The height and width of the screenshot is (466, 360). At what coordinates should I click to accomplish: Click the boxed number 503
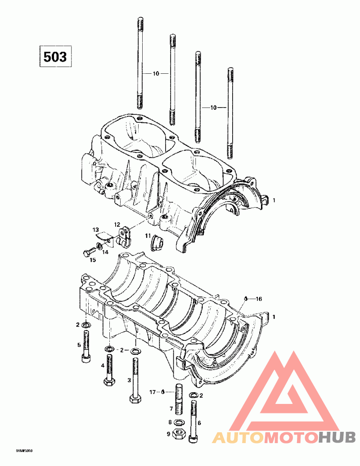pyautogui.click(x=54, y=57)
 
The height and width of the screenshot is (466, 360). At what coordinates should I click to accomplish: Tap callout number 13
pyautogui.click(x=95, y=230)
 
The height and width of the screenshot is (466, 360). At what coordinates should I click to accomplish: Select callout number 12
pyautogui.click(x=117, y=224)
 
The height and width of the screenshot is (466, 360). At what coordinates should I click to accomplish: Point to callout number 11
pyautogui.click(x=148, y=236)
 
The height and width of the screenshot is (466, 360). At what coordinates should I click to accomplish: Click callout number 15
pyautogui.click(x=93, y=260)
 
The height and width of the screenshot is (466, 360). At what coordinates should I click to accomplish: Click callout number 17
pyautogui.click(x=152, y=392)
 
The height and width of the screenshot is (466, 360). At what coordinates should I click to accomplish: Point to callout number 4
pyautogui.click(x=103, y=366)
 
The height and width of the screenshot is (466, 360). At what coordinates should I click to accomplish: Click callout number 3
pyautogui.click(x=129, y=380)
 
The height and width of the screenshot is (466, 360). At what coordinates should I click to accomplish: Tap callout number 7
pyautogui.click(x=171, y=408)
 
